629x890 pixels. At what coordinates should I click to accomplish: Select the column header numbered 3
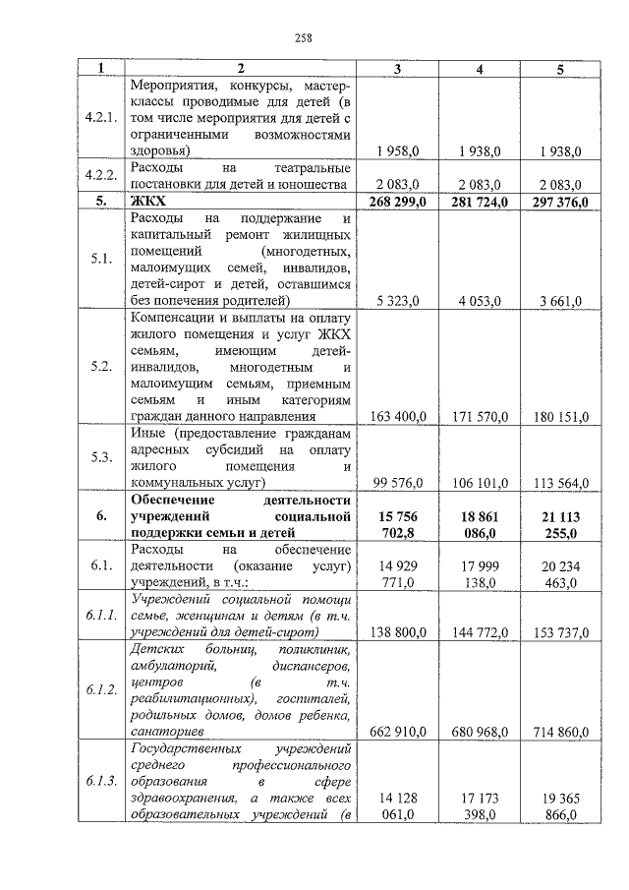click(x=397, y=69)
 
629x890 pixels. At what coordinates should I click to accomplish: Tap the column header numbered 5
click(x=560, y=69)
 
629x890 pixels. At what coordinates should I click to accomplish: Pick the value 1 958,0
click(x=398, y=151)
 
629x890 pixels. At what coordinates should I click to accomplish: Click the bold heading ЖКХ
click(x=147, y=203)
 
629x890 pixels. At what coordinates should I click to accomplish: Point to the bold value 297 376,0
click(x=558, y=203)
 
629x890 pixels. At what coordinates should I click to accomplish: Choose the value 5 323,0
click(x=398, y=301)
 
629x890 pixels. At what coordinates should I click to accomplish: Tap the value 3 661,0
click(x=560, y=301)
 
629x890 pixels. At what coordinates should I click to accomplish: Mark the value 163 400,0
click(x=397, y=417)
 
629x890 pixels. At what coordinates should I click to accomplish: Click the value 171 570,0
click(x=479, y=417)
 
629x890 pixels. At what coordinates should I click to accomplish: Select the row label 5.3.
click(x=101, y=457)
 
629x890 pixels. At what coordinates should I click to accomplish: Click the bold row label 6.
click(x=101, y=515)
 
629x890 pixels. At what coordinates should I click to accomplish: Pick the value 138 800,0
click(x=397, y=625)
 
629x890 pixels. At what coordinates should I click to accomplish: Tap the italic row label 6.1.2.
click(x=101, y=689)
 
